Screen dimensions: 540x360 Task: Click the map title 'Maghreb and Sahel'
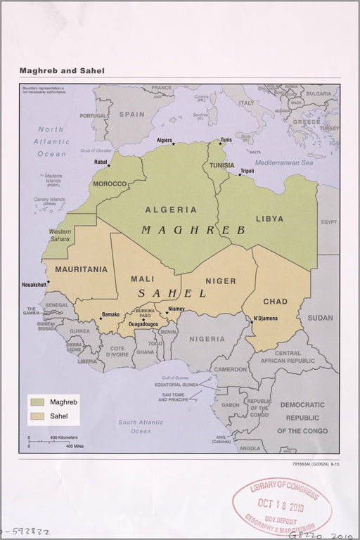point(62,71)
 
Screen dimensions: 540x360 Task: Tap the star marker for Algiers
point(174,144)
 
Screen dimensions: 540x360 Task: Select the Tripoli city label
point(247,171)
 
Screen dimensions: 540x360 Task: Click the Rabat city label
point(101,162)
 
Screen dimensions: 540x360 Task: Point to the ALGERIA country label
point(171,210)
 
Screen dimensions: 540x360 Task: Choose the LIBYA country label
point(269,219)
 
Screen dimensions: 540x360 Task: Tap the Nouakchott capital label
point(34,285)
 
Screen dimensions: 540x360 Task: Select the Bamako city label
point(110,314)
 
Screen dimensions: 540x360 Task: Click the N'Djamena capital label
point(265,319)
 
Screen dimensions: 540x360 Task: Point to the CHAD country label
point(275,302)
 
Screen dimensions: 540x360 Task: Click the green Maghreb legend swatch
point(37,402)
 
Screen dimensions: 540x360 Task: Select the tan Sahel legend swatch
point(37,416)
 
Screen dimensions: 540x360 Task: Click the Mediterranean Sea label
point(283,162)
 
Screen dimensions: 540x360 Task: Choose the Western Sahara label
point(60,235)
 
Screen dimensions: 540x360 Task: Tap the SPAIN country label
point(131,114)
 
